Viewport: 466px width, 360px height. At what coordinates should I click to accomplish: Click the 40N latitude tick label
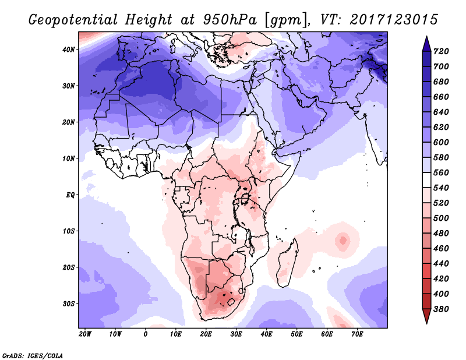click(69, 50)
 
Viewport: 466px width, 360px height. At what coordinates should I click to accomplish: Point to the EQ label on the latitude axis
click(70, 195)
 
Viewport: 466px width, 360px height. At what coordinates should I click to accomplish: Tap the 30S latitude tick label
click(69, 303)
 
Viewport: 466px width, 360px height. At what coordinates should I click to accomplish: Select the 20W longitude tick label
click(85, 334)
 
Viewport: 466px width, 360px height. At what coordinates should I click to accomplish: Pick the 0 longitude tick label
click(146, 334)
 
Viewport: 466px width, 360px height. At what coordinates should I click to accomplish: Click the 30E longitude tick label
click(236, 334)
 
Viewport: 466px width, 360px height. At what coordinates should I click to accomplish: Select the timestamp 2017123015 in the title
click(394, 20)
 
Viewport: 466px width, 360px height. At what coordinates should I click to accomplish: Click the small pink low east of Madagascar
click(343, 239)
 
